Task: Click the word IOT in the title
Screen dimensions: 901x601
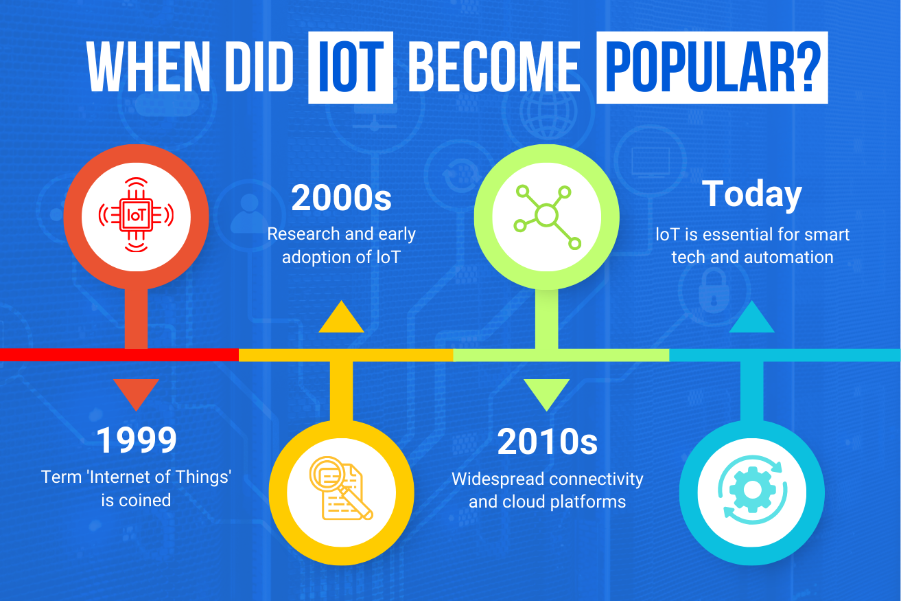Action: click(x=351, y=67)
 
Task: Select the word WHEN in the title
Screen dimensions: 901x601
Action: click(x=149, y=67)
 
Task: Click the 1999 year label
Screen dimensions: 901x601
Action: click(x=137, y=440)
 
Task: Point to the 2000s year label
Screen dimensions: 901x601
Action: click(x=341, y=198)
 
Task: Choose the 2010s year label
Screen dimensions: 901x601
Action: click(x=547, y=442)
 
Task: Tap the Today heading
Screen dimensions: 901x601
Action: click(x=752, y=194)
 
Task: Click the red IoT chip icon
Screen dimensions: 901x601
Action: click(x=136, y=216)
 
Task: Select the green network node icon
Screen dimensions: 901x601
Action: click(x=547, y=217)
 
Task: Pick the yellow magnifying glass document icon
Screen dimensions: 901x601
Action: click(x=341, y=488)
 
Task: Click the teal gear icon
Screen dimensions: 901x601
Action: click(x=752, y=490)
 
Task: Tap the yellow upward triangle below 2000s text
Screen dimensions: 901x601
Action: click(x=341, y=317)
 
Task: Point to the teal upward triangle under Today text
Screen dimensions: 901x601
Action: click(x=752, y=317)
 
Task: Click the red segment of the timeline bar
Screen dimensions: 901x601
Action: click(x=119, y=355)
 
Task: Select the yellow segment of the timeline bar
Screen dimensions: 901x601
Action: click(x=346, y=355)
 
